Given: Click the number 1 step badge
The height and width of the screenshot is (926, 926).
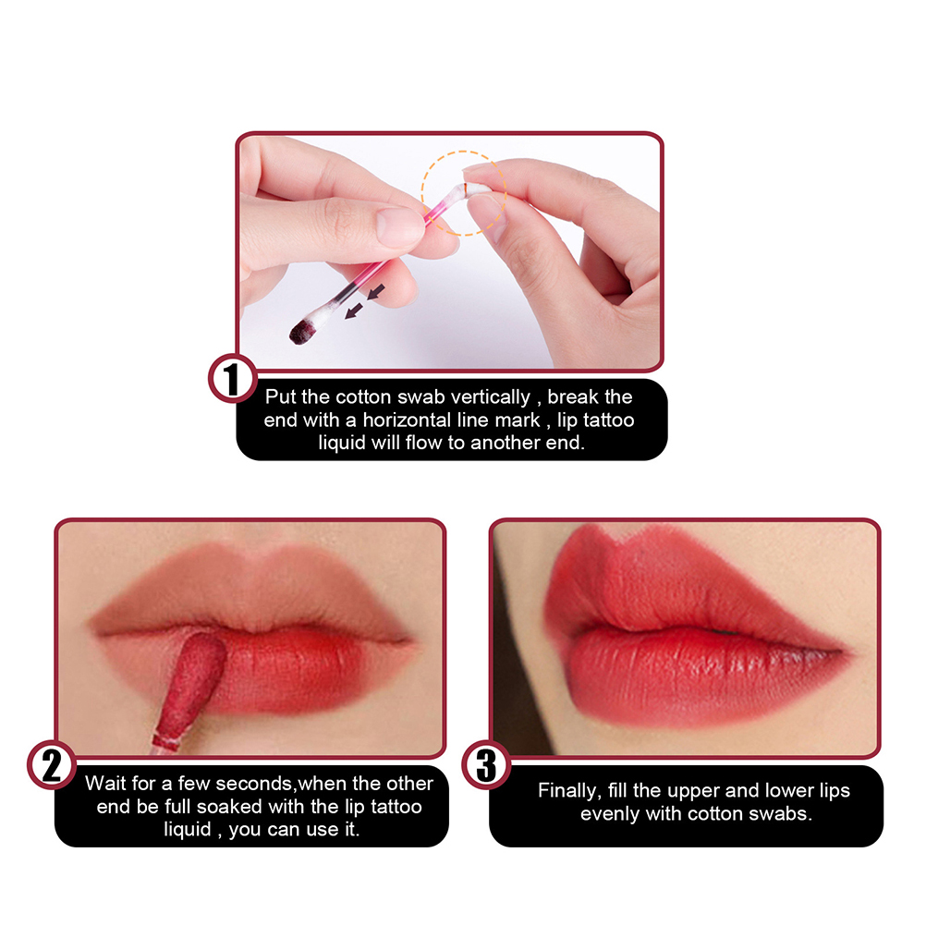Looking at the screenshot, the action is coord(233,379).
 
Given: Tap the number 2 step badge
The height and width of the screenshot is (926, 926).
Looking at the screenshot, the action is coord(52,765).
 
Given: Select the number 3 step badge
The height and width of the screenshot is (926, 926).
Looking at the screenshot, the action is coord(486,765).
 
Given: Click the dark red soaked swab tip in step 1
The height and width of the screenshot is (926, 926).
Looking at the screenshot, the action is coord(302,331).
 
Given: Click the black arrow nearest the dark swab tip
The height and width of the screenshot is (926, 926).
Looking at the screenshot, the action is coord(354,310).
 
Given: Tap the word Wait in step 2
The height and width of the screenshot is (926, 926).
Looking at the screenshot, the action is coord(105,784).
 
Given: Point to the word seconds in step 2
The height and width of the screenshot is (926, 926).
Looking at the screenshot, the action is coord(256,784).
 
